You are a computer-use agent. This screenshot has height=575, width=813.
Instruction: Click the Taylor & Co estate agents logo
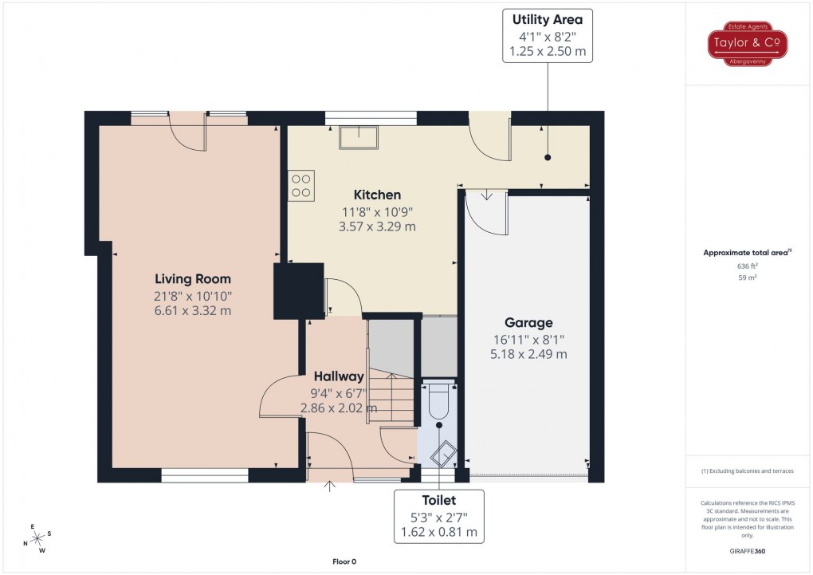click(748, 44)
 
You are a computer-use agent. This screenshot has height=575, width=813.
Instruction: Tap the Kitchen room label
click(377, 195)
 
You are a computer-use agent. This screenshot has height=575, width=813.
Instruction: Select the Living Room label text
click(193, 279)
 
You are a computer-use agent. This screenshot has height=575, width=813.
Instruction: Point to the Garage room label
click(528, 323)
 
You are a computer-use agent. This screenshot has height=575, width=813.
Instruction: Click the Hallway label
click(338, 376)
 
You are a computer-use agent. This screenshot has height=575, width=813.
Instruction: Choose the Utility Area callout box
click(547, 36)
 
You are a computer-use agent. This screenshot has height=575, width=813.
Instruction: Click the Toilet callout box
click(438, 515)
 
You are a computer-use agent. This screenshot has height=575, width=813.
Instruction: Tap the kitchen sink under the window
click(359, 138)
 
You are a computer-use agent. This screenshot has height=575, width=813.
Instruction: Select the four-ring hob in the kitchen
click(301, 184)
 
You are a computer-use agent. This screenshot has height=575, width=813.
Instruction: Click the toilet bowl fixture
click(439, 400)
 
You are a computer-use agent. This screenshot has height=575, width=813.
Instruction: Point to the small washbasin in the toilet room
click(443, 457)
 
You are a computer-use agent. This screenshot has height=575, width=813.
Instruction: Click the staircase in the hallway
click(392, 398)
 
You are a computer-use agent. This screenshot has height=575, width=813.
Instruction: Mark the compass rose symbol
click(37, 538)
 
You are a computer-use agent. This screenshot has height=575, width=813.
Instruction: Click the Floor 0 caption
click(344, 561)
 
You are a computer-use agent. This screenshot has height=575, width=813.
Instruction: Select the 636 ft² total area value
click(747, 266)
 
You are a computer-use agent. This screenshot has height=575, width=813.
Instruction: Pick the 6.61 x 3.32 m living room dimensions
click(193, 310)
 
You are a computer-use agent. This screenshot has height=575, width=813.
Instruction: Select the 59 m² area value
click(747, 278)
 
